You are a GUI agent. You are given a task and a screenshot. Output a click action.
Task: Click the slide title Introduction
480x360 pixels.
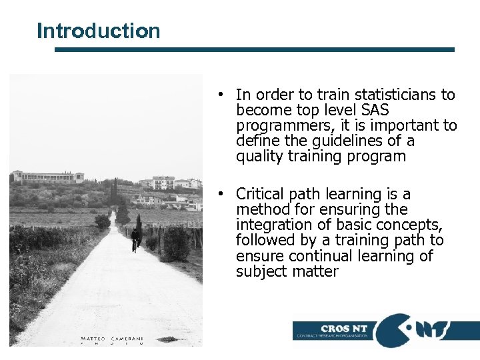(x=99, y=31)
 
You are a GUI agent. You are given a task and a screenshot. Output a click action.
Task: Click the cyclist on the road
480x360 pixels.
(x=135, y=239)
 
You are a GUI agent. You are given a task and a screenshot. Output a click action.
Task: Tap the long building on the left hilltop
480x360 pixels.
(x=48, y=177)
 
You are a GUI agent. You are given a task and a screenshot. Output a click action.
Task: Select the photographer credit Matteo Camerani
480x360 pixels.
(x=111, y=339)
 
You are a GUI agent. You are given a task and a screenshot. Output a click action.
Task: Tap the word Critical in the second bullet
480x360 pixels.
(x=261, y=194)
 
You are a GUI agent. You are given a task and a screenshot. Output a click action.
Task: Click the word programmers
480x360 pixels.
(x=277, y=125)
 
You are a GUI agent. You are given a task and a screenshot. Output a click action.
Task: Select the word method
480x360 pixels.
(x=260, y=209)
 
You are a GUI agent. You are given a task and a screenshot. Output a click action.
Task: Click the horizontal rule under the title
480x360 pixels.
(x=254, y=49)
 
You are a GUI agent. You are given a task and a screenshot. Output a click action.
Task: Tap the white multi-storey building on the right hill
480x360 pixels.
(x=163, y=182)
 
